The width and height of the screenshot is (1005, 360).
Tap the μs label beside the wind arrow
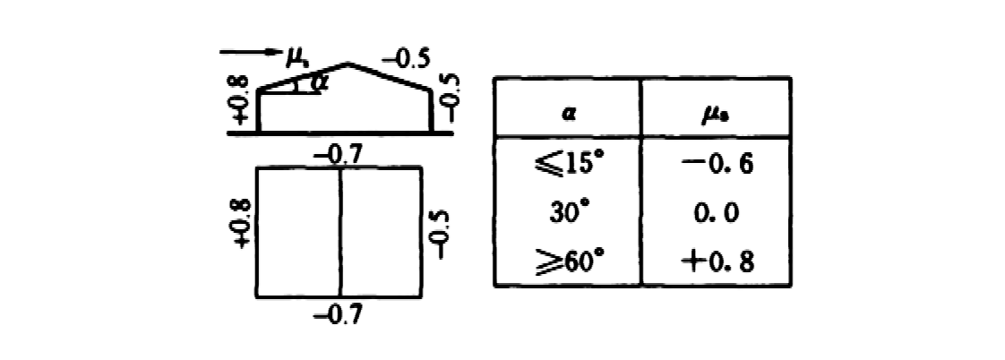(297, 59)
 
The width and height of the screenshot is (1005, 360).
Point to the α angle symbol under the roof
(315, 82)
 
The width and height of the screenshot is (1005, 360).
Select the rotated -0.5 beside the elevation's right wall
(451, 98)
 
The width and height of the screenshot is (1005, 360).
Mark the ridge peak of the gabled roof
(348, 64)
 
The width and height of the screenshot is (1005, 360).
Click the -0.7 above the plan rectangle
(338, 156)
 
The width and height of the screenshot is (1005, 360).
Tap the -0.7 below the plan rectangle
(338, 314)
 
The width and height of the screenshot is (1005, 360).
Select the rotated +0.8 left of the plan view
(242, 224)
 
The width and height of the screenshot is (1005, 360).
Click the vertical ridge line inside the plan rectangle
(340, 232)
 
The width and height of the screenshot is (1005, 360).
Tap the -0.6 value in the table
(716, 165)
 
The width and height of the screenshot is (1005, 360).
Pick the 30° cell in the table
(568, 213)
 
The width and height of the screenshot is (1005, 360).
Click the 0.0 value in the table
(716, 212)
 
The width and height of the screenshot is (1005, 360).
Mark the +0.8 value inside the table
(717, 261)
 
